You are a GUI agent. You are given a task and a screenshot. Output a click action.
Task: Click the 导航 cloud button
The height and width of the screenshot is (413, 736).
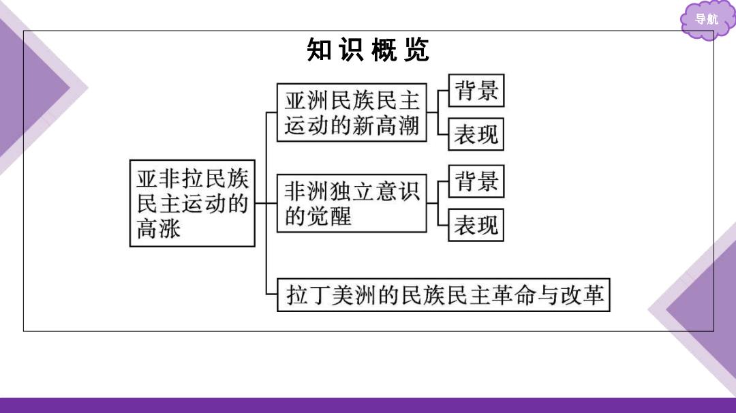[x=707, y=19]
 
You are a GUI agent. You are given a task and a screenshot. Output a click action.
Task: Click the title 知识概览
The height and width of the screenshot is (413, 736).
[x=368, y=50]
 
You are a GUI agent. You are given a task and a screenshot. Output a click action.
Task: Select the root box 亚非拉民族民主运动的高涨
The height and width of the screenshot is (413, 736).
[x=192, y=203]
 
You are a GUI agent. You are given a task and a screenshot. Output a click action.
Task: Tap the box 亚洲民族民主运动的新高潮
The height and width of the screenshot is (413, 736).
[x=352, y=112]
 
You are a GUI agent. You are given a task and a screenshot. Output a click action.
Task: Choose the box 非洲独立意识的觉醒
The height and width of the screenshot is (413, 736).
[x=352, y=203]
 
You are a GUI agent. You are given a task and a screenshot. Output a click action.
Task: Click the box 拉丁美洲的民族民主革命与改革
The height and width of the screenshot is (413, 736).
[x=444, y=294]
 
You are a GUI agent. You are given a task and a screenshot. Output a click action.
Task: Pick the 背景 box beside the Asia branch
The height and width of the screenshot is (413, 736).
[x=476, y=91]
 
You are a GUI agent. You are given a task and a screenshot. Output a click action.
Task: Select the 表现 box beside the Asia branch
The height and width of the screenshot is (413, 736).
[x=476, y=134]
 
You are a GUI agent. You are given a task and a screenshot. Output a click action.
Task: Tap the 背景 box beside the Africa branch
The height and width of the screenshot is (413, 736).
[x=476, y=181]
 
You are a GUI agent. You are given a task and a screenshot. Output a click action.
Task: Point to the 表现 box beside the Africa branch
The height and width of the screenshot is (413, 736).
[x=476, y=225]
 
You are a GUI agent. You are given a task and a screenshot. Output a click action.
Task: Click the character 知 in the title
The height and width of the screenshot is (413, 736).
[x=319, y=50]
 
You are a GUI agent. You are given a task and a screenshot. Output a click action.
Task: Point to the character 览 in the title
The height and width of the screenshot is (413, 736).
[x=417, y=50]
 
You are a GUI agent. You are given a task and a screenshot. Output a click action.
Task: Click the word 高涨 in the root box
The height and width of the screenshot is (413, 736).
[x=159, y=229]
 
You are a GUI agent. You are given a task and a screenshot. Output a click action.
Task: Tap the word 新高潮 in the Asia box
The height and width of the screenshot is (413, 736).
[x=385, y=126]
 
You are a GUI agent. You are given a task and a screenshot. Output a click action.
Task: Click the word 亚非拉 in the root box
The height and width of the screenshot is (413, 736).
[x=170, y=179]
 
